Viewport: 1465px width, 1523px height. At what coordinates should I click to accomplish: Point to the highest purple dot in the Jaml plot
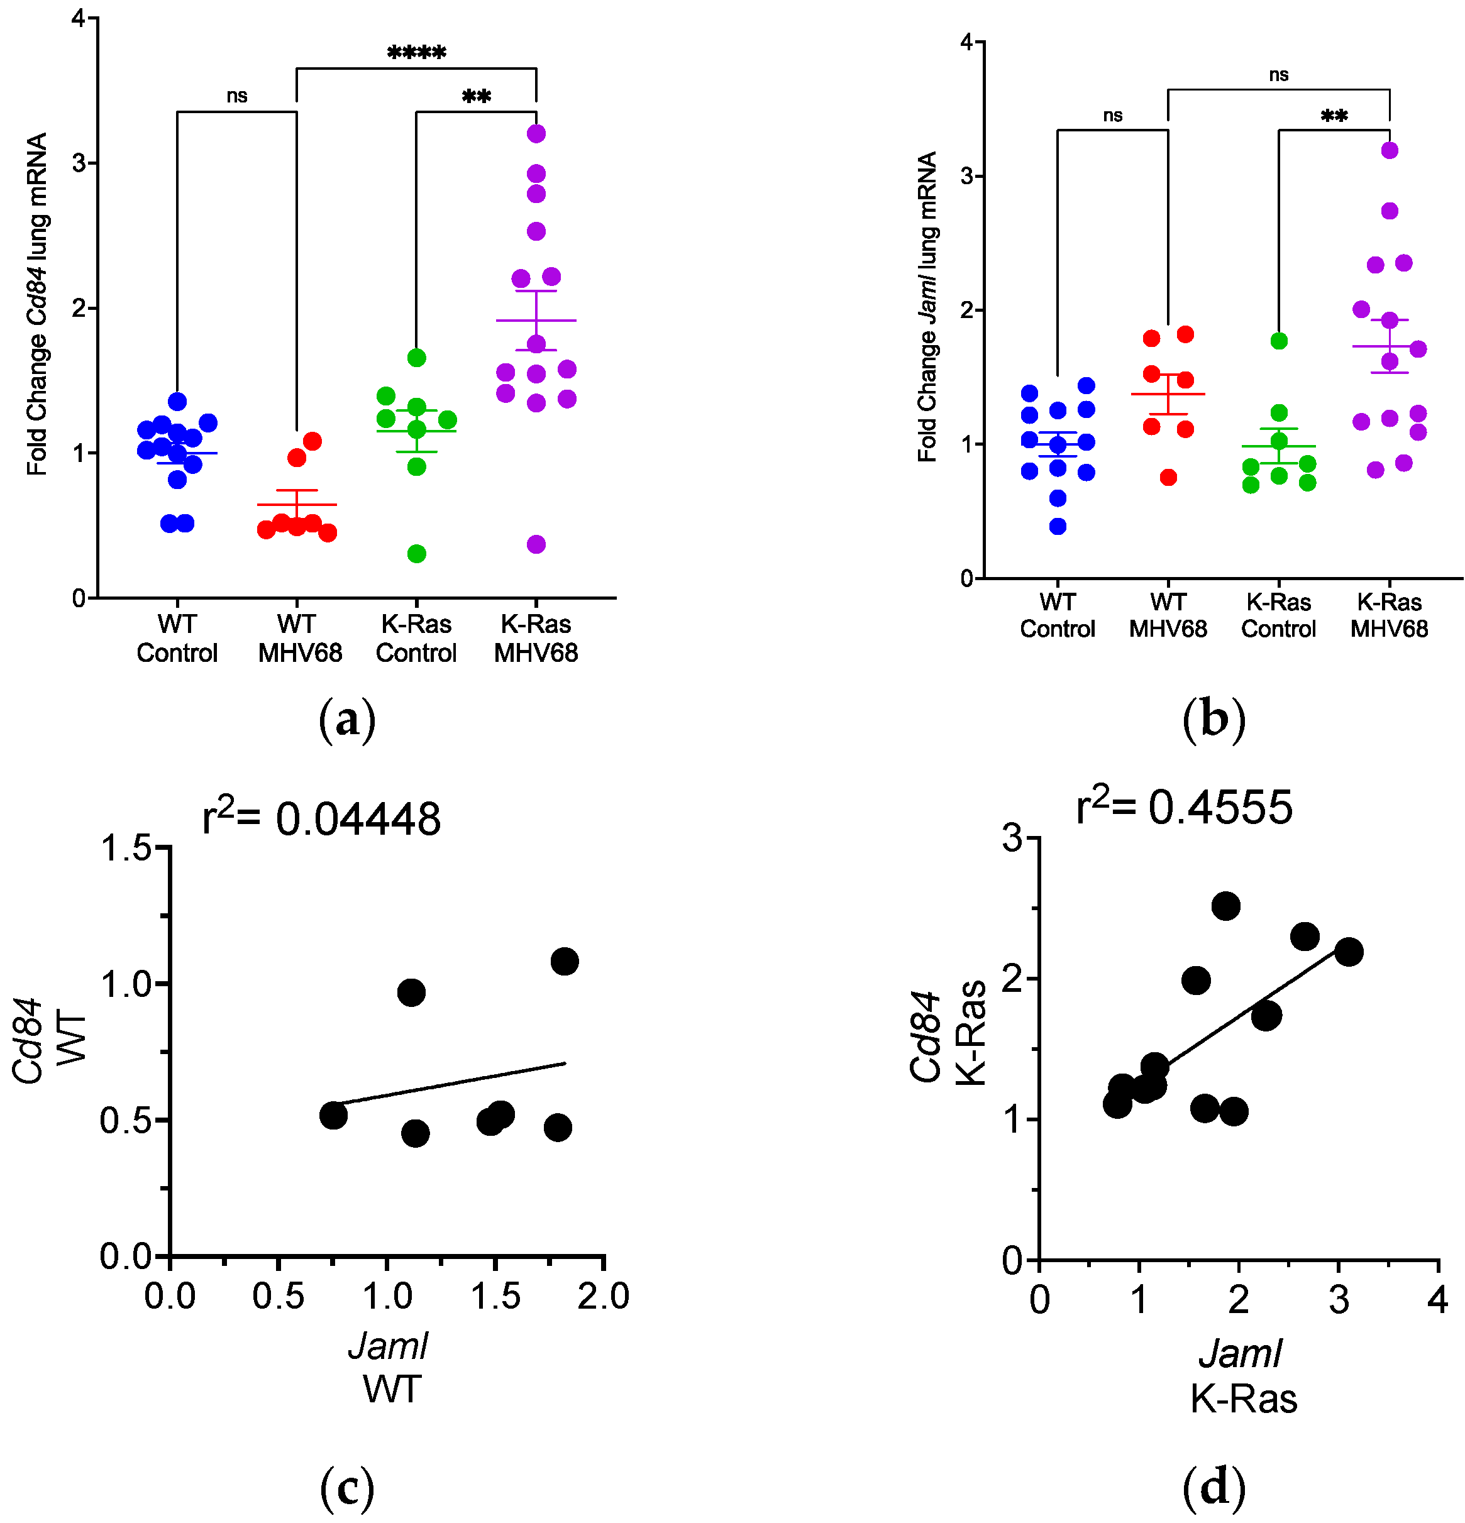point(1389,150)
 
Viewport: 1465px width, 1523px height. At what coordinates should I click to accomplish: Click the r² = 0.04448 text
point(321,818)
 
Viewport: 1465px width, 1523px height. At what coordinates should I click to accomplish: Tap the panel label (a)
point(346,719)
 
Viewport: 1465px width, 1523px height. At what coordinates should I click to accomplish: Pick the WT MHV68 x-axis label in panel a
point(299,638)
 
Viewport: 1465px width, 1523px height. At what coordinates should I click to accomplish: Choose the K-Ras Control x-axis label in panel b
point(1278,615)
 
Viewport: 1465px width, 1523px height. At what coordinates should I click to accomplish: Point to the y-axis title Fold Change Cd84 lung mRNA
point(36,304)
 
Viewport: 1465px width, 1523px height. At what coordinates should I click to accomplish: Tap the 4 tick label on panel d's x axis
point(1437,1299)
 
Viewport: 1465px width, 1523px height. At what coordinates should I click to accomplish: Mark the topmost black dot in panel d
point(1225,905)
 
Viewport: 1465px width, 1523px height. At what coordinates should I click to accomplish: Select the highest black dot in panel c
point(563,961)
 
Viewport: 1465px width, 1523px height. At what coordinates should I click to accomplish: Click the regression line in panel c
point(451,1083)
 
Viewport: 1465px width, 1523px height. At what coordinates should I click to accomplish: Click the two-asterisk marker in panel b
point(1334,116)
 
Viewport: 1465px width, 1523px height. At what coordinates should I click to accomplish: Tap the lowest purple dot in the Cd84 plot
point(536,544)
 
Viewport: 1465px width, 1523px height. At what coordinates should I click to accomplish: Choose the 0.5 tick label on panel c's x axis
point(277,1295)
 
